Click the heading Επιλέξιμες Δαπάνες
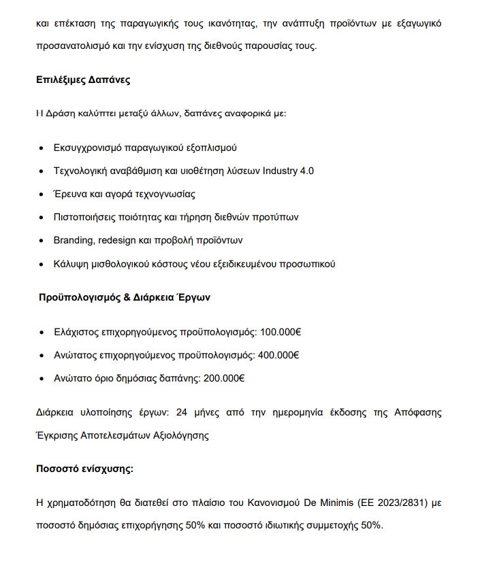coord(83,80)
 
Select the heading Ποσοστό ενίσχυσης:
coord(84,469)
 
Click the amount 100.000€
coord(281,333)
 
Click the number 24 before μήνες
coord(182,412)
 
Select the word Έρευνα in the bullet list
coord(70,194)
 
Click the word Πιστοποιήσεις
coord(84,217)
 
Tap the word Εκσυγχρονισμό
coord(89,148)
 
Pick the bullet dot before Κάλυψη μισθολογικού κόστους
coord(42,263)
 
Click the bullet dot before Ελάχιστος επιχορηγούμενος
coord(42,333)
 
